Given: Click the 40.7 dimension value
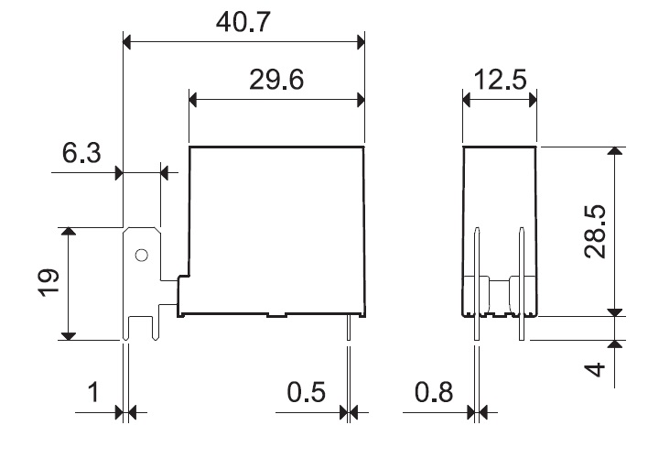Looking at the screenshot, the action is [x=243, y=22].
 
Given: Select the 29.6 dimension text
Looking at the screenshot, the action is [x=276, y=80].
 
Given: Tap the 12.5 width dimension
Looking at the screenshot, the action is [x=500, y=80].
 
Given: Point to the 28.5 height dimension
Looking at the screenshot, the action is [x=595, y=232].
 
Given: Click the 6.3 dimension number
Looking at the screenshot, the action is [x=81, y=152].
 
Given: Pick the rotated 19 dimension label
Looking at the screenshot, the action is [x=49, y=283].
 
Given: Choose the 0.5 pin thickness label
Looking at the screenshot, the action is [x=307, y=392].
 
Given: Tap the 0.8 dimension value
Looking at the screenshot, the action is [x=434, y=392].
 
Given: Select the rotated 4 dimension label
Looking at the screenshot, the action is [x=595, y=369].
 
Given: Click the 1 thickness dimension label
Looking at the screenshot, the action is [x=94, y=392].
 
